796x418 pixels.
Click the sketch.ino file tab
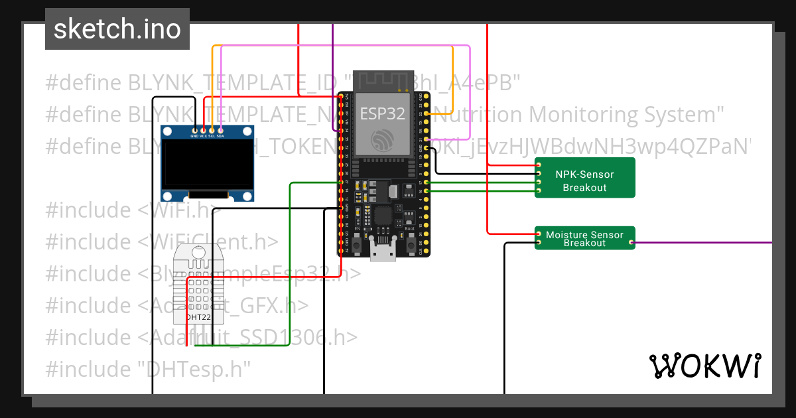(x=117, y=29)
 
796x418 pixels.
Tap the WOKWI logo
(x=704, y=366)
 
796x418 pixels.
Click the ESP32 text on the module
(x=382, y=113)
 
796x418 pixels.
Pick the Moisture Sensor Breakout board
(x=584, y=238)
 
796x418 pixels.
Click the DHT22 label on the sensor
(x=198, y=317)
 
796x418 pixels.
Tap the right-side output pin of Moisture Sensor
(x=631, y=243)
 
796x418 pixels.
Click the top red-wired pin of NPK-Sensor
(x=539, y=165)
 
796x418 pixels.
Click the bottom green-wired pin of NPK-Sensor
(x=539, y=191)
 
